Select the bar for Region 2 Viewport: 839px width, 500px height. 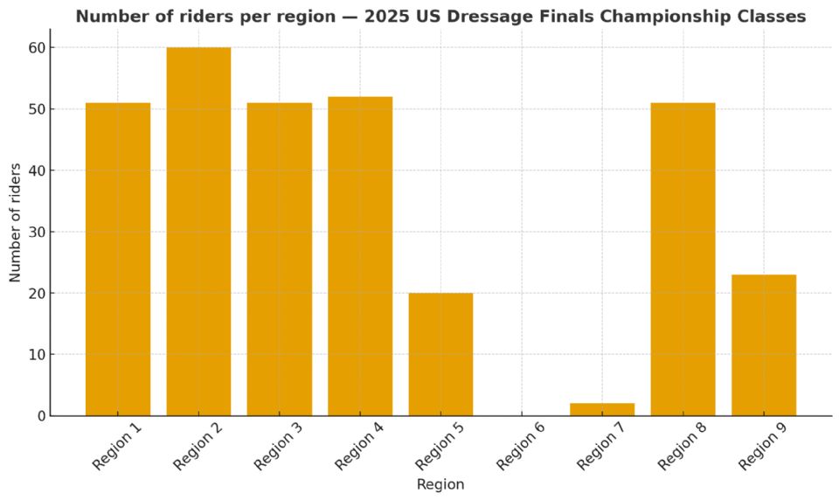[198, 232]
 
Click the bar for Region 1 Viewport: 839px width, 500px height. [118, 259]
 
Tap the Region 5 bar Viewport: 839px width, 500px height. [440, 354]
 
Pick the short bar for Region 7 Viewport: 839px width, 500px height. [602, 409]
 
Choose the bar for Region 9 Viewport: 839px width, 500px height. [764, 345]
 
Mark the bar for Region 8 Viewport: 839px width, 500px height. [683, 259]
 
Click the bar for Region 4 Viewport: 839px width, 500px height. [360, 256]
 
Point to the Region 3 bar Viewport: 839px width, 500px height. [279, 259]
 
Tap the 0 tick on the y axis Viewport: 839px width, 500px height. [38, 416]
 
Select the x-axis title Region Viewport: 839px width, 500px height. [440, 484]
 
